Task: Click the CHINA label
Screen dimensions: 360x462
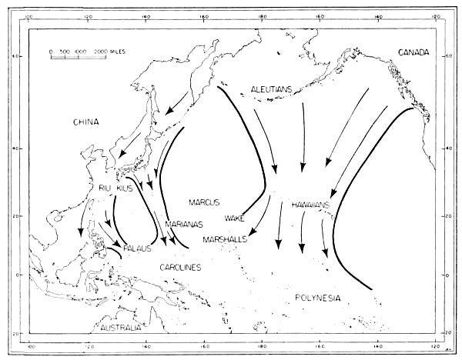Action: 89,122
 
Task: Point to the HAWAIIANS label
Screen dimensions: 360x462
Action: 311,205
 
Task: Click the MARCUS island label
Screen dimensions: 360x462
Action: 204,202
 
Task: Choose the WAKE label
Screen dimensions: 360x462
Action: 235,218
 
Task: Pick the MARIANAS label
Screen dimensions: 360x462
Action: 184,225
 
